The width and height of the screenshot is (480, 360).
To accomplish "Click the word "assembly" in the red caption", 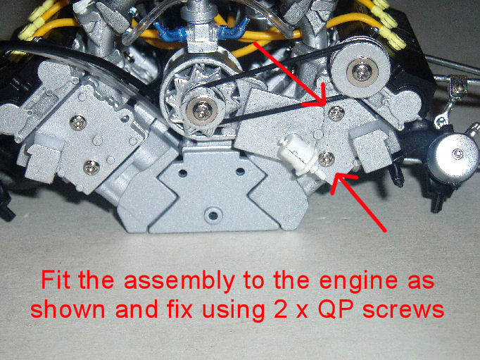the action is tap(179, 281).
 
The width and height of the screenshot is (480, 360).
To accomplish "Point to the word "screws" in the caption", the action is tap(403, 311).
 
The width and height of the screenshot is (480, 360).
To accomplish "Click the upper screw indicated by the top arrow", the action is tap(336, 113).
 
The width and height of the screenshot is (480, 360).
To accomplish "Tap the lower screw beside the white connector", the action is tap(327, 159).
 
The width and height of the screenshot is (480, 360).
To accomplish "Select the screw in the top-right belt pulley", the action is tap(362, 72).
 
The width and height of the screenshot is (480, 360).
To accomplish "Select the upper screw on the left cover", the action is tap(77, 123).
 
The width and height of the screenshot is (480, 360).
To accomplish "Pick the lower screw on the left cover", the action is tap(91, 167).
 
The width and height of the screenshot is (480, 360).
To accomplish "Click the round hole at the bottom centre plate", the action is tap(213, 215).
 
